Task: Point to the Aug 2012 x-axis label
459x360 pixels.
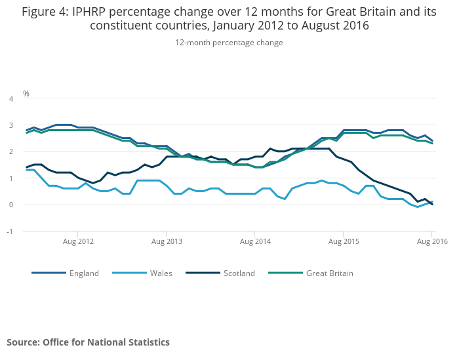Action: pyautogui.click(x=78, y=242)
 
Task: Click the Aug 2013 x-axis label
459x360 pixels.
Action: pyautogui.click(x=167, y=242)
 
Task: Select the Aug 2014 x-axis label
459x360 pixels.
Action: pyautogui.click(x=255, y=242)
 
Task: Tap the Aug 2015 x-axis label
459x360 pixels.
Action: pyautogui.click(x=344, y=242)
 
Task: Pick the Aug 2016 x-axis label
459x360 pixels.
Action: pyautogui.click(x=432, y=242)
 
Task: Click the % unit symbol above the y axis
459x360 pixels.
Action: pyautogui.click(x=26, y=94)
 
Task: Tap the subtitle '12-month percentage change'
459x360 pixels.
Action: pyautogui.click(x=229, y=43)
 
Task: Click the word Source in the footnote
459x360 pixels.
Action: pyautogui.click(x=22, y=342)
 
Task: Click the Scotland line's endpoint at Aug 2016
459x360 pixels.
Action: pyautogui.click(x=432, y=204)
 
